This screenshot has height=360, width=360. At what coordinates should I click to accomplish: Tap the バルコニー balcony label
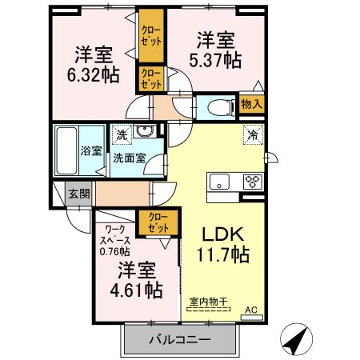click(x=180, y=340)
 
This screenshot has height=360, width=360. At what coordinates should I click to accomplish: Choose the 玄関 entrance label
click(x=78, y=194)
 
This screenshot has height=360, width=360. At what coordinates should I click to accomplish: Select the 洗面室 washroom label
click(x=128, y=158)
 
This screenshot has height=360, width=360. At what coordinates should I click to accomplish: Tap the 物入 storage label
click(x=252, y=104)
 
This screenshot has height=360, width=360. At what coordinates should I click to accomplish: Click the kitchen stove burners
click(x=251, y=180)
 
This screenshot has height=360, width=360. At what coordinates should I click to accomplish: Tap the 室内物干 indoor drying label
click(x=209, y=302)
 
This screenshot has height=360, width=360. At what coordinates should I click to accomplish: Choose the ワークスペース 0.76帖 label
click(x=115, y=240)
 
